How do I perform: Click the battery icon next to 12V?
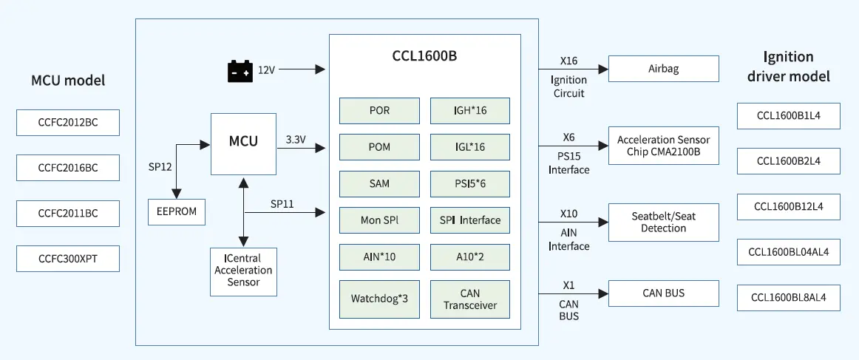240,71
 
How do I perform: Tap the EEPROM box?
177,212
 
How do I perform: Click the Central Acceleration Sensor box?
243,272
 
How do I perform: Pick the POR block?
380,111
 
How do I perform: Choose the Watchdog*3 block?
380,299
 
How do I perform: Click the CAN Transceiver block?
470,299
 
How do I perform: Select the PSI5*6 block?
470,183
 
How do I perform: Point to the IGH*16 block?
470,111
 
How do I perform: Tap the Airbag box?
663,69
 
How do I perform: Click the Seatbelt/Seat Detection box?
663,222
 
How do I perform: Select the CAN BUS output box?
663,293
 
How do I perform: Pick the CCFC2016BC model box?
68,168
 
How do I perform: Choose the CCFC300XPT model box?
68,259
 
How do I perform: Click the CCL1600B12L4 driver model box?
788,206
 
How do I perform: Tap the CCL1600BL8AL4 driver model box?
788,298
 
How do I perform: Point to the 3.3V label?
296,140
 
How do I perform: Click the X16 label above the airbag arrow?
568,61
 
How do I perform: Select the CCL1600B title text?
424,56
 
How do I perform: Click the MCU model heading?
68,81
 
